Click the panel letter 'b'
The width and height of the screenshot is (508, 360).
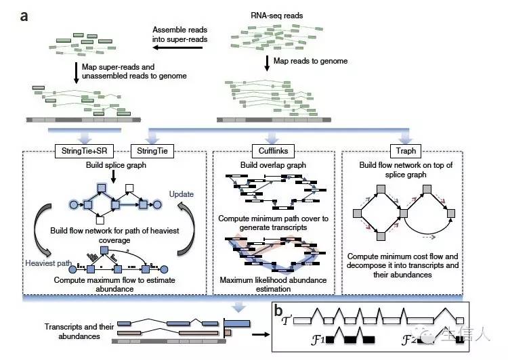[x=278, y=311]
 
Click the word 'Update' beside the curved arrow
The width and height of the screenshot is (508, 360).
[x=180, y=194]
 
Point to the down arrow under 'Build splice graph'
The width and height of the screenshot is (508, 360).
[x=113, y=175]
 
